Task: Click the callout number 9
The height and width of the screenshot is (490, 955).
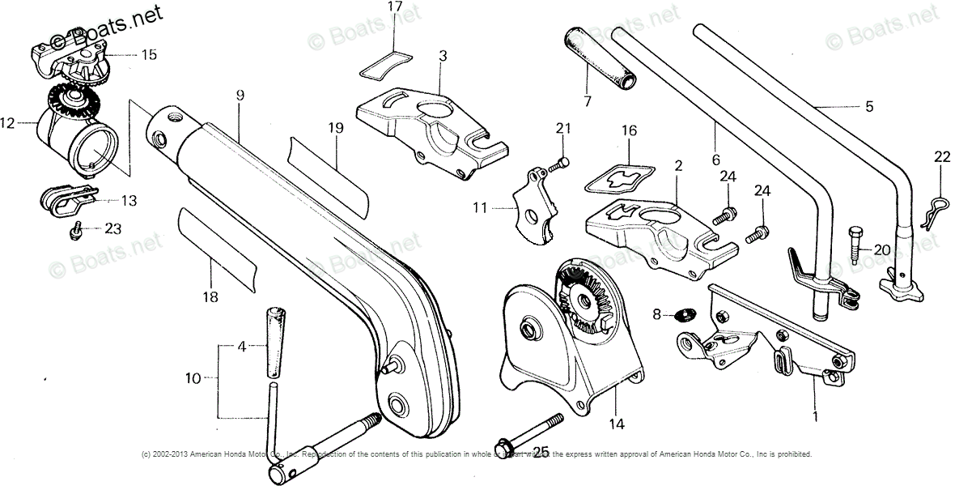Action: pyautogui.click(x=240, y=96)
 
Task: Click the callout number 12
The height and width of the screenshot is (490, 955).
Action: pyautogui.click(x=8, y=124)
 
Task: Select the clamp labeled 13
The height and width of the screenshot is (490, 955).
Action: pyautogui.click(x=69, y=200)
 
